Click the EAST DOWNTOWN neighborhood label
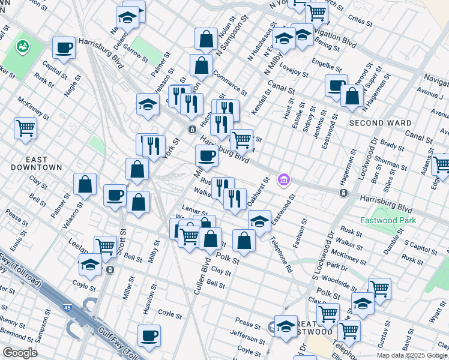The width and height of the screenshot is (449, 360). (37, 163)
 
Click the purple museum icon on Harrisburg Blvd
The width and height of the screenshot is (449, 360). (284, 179)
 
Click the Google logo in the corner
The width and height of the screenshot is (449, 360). (20, 353)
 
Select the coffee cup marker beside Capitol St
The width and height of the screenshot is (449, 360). (64, 48)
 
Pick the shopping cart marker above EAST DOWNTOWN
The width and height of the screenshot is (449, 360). (25, 127)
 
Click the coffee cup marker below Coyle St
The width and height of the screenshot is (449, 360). (149, 336)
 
